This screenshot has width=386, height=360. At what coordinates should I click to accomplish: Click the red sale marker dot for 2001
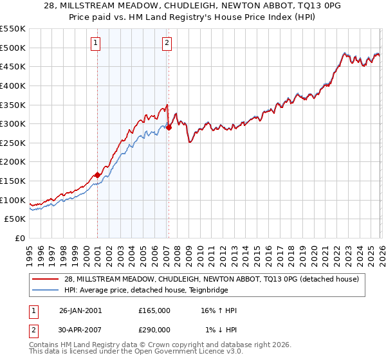coord(97,174)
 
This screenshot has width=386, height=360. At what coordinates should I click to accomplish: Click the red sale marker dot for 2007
coord(169,127)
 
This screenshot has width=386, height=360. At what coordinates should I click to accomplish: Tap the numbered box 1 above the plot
coord(95,43)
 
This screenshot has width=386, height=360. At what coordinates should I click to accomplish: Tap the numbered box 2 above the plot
coord(167,43)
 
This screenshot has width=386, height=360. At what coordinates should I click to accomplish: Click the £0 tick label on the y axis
coord(20,239)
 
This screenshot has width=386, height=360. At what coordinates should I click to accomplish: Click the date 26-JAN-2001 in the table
coord(80,310)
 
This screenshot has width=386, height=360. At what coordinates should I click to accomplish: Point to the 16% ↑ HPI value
coord(219,310)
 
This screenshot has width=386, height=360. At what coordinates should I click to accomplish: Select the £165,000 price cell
coord(154,310)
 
